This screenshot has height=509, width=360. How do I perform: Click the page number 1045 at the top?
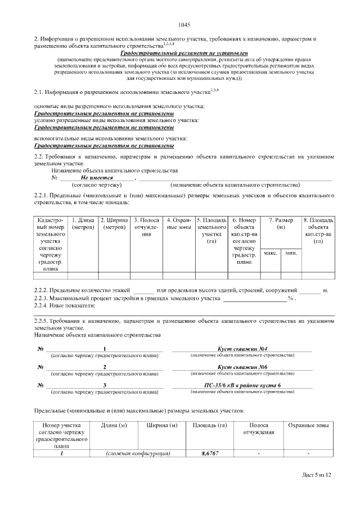184,24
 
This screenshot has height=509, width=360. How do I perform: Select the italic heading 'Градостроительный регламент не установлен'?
184,52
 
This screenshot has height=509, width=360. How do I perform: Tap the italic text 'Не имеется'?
97,178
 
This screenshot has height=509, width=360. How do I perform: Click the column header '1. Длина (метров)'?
83,223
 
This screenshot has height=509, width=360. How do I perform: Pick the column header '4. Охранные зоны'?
179,223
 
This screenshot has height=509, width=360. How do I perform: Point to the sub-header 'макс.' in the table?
271,253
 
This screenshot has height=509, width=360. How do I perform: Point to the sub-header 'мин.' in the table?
291,253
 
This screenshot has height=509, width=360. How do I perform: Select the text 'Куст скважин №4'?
242,349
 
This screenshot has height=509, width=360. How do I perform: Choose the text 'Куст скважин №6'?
242,367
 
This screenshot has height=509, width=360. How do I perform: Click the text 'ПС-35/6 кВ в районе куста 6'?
242,385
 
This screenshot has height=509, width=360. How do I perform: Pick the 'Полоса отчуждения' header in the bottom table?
258,429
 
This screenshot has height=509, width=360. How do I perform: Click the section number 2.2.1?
43,195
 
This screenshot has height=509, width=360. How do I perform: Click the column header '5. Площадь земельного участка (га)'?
211,231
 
